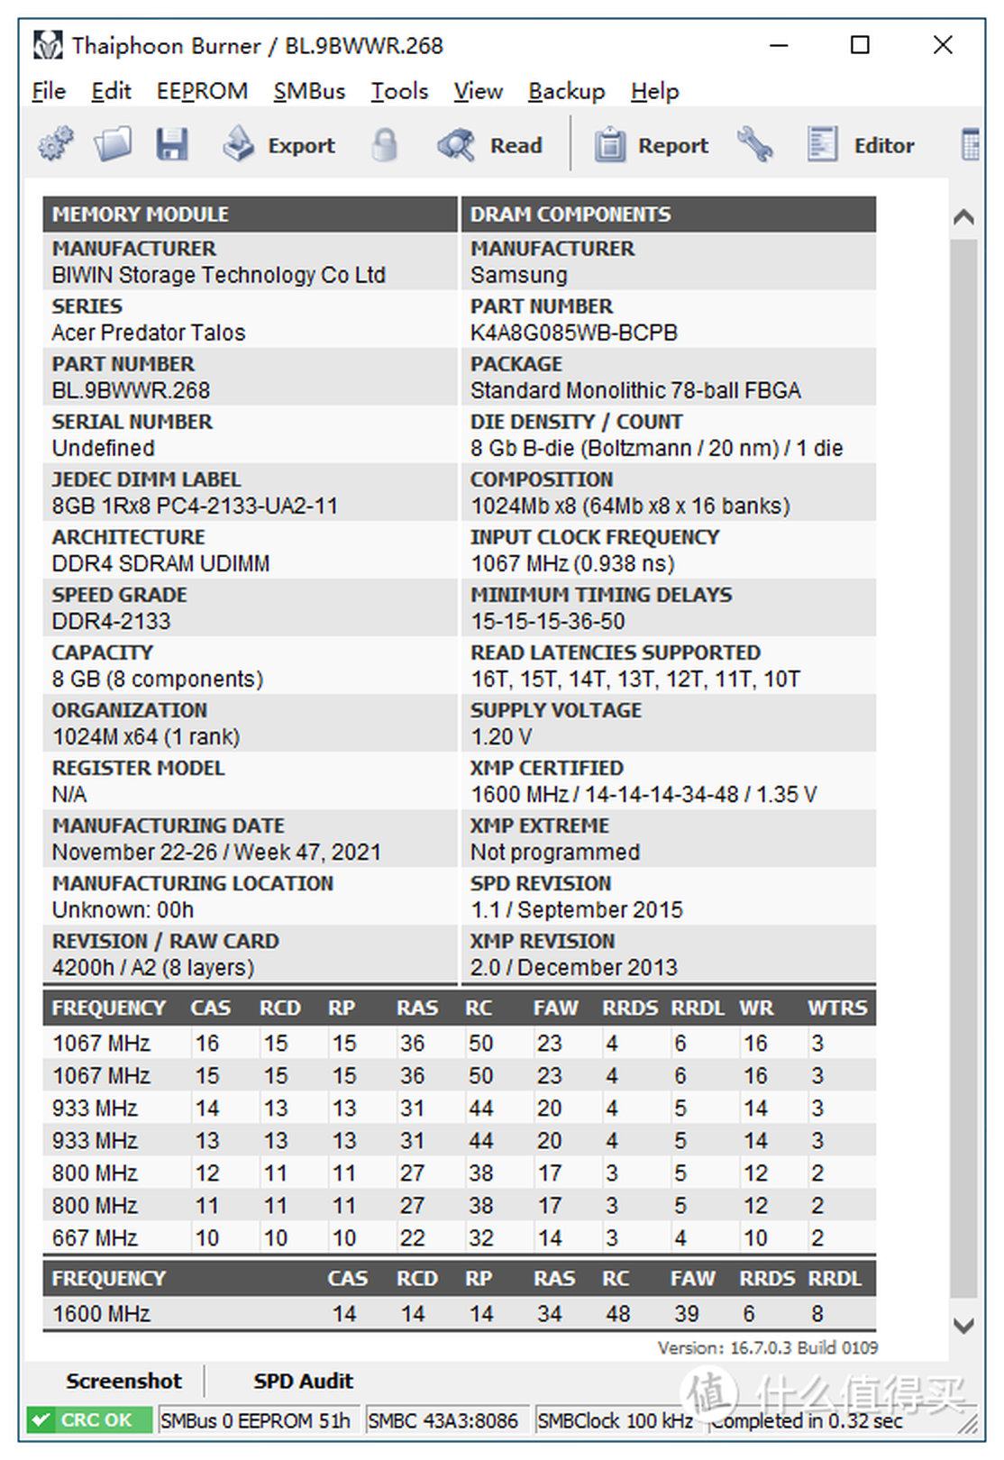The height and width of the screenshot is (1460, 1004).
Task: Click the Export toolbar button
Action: pos(279,145)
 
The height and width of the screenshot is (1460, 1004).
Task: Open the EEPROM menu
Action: pos(202,91)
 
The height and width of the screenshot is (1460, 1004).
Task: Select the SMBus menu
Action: pos(309,91)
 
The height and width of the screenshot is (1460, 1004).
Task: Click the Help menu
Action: pos(654,91)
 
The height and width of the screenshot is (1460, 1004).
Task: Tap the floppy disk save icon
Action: pos(171,145)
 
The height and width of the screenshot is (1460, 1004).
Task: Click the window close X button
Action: pos(943,45)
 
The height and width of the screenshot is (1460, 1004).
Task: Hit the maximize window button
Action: pos(861,45)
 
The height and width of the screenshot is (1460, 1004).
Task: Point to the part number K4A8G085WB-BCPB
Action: pos(574,333)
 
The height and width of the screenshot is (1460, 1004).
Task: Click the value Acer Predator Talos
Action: pos(149,333)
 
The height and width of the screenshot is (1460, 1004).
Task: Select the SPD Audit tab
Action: pos(303,1381)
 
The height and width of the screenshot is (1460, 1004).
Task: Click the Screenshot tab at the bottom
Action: pos(123,1381)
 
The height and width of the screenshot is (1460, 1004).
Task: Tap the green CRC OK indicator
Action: pos(82,1420)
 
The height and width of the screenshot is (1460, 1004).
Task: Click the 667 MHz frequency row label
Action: pos(95,1237)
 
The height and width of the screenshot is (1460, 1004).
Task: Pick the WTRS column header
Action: pos(836,1008)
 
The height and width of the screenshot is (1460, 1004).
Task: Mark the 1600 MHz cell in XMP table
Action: pos(101,1313)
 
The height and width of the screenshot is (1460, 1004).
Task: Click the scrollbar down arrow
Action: pos(963,1326)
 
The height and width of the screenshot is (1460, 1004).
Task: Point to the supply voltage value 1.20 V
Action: pos(501,736)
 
